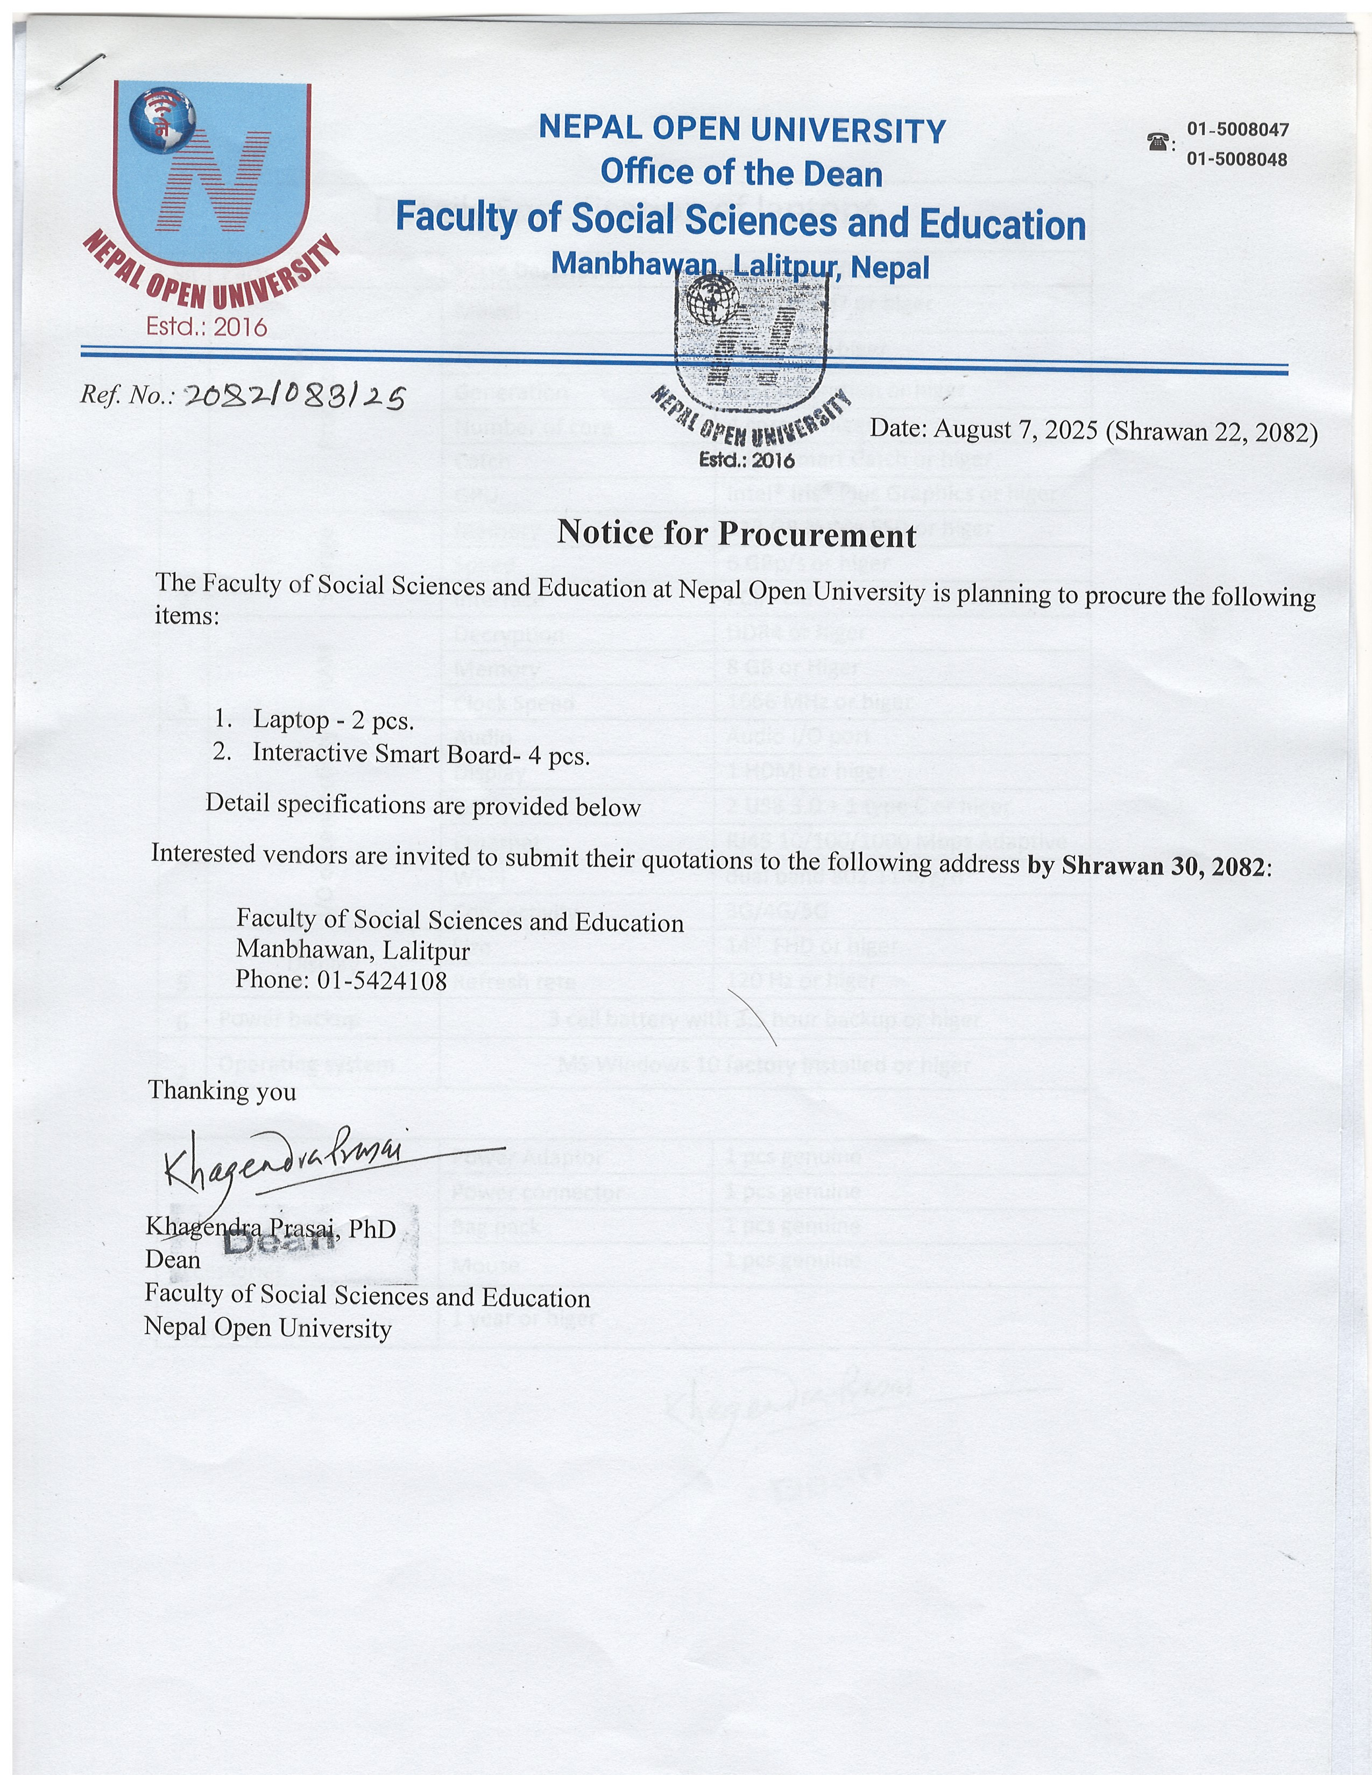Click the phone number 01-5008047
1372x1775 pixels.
coord(1237,129)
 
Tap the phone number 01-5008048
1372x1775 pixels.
coord(1237,159)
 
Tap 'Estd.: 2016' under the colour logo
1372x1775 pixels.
coord(207,326)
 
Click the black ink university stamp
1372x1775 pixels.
coord(749,358)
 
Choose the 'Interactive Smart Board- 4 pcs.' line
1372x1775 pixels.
coord(421,754)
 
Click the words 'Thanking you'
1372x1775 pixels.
coord(222,1091)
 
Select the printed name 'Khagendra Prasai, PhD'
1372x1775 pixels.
coord(271,1228)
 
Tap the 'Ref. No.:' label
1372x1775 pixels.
coord(127,395)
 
